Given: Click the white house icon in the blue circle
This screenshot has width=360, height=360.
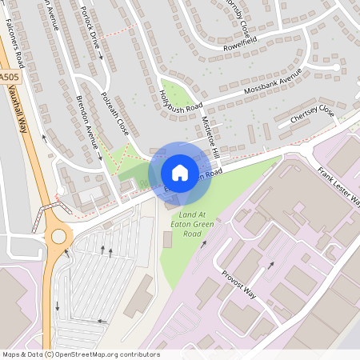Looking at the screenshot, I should pyautogui.click(x=180, y=173).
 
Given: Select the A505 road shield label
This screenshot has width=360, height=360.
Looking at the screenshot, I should pyautogui.click(x=8, y=76).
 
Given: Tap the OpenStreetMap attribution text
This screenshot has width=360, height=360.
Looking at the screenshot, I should pyautogui.click(x=80, y=354).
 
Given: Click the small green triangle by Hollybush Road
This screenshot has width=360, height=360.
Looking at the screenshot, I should pyautogui.click(x=173, y=95).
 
